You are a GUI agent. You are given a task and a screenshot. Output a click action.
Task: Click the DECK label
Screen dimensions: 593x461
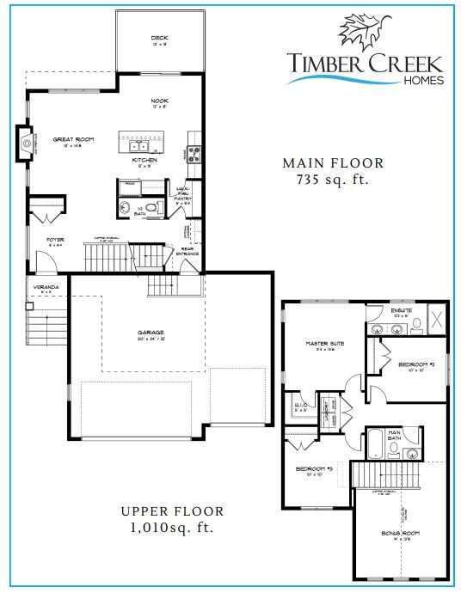[159, 38]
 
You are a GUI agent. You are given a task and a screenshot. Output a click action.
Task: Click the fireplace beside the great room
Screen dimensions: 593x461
[25, 142]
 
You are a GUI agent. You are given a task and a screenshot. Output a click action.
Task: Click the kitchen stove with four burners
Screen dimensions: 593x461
[194, 156]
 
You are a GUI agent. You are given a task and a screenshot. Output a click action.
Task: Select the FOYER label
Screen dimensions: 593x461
[56, 241]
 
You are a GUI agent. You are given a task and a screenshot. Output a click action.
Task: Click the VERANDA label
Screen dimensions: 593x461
[46, 286]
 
